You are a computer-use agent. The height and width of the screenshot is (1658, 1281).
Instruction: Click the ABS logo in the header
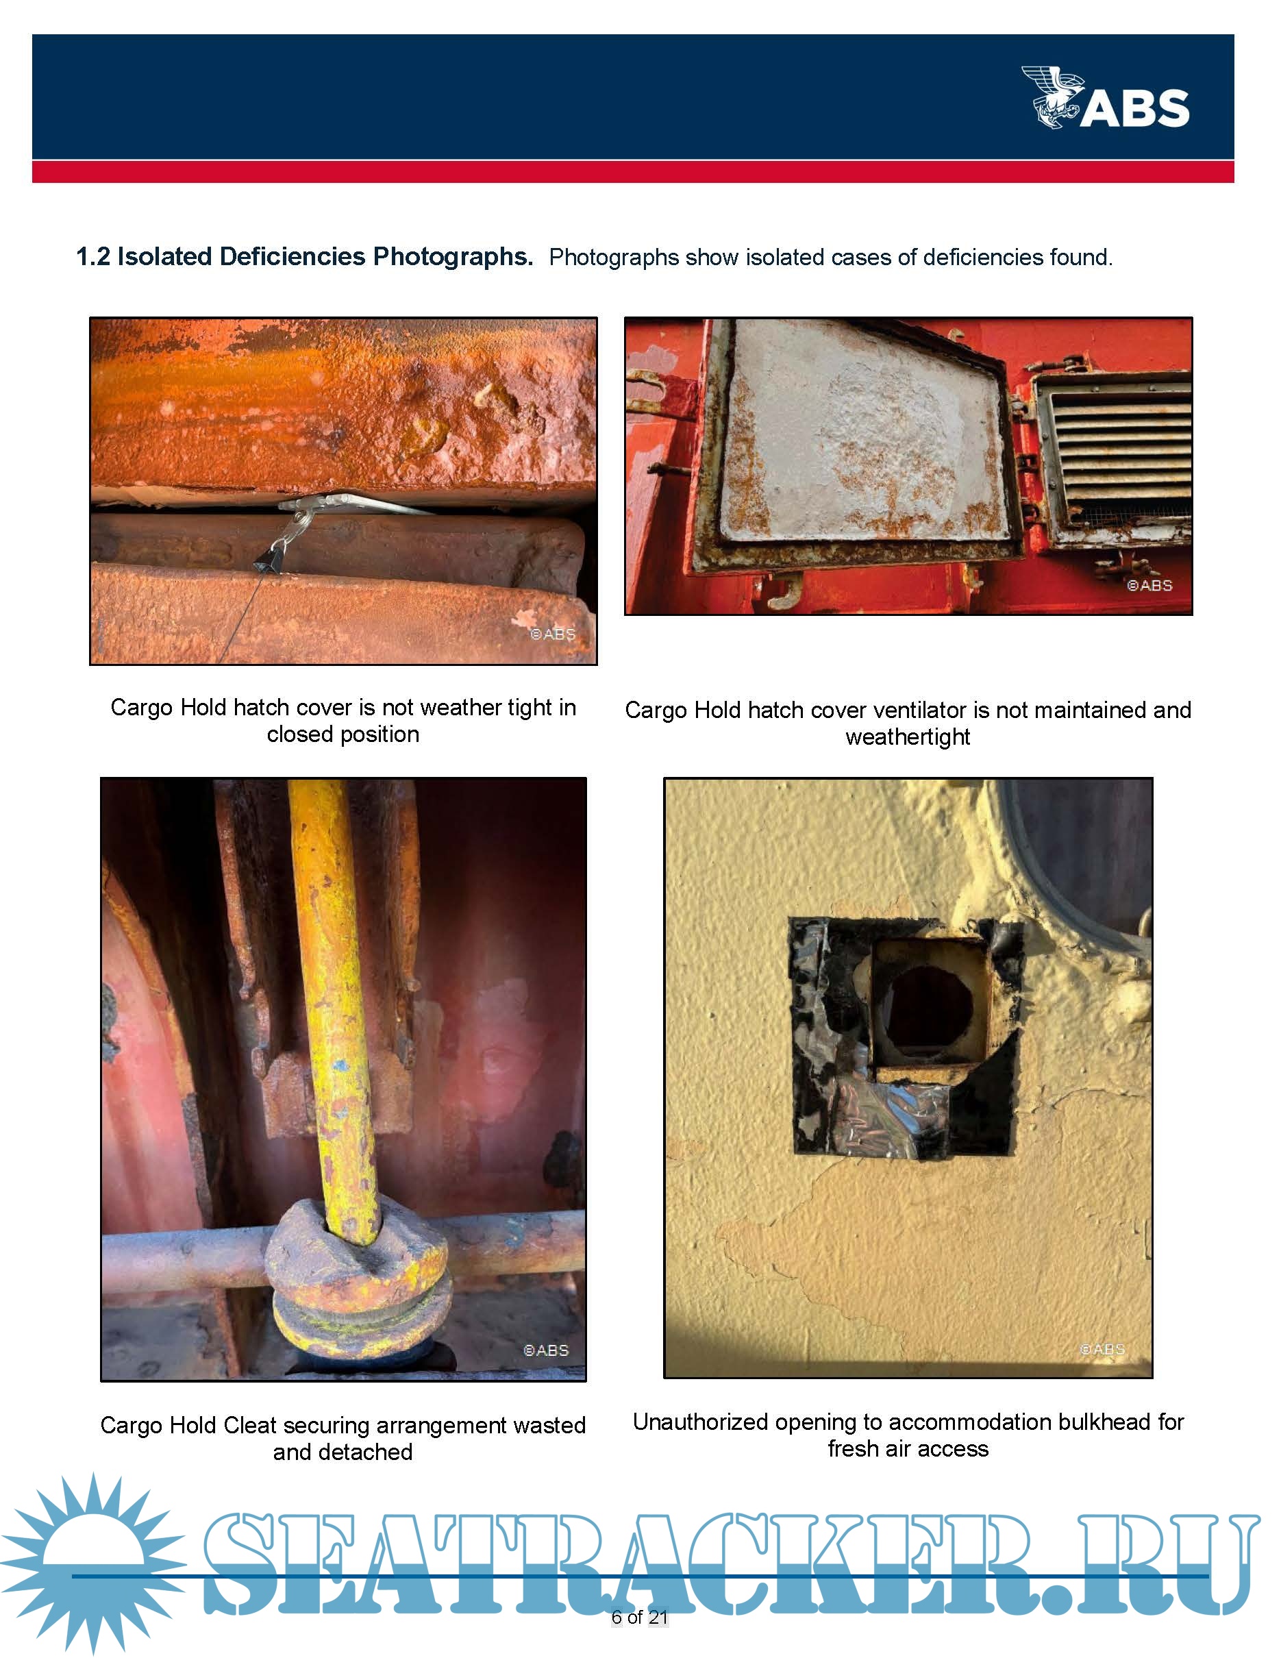pyautogui.click(x=1105, y=97)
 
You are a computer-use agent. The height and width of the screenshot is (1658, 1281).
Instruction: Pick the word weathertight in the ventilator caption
pyautogui.click(x=908, y=737)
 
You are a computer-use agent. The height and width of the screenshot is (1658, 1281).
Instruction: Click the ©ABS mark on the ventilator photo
pyautogui.click(x=1149, y=586)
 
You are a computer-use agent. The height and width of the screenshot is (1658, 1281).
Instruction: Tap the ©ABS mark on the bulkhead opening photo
pyautogui.click(x=1103, y=1349)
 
